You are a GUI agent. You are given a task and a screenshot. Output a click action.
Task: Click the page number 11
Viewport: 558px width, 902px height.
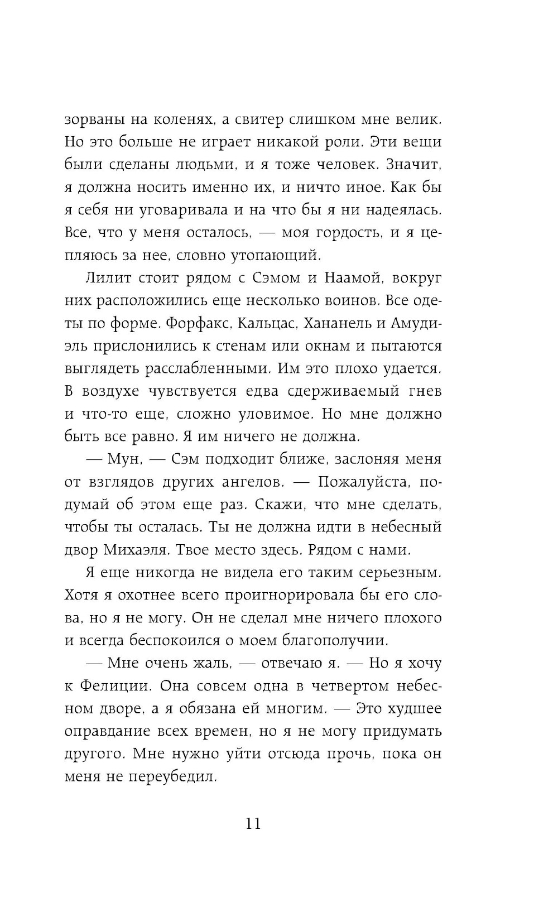253,823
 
